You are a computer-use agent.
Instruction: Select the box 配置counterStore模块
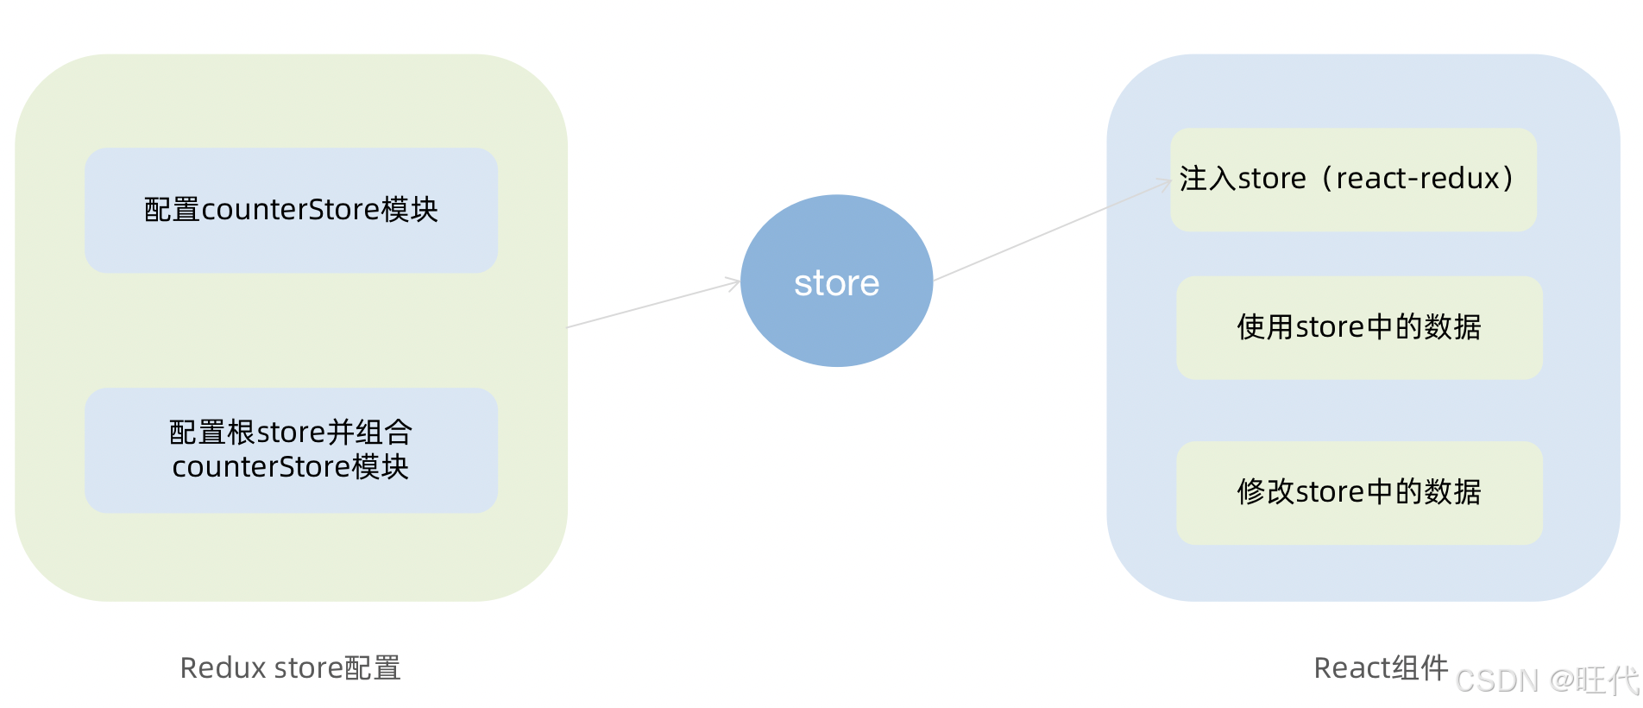(x=291, y=210)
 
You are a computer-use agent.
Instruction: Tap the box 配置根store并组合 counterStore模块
(x=291, y=449)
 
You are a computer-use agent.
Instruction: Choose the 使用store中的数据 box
(x=1358, y=327)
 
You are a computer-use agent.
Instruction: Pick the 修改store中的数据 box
(x=1358, y=492)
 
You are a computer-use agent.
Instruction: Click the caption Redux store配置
(x=290, y=667)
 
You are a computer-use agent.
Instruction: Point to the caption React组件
(x=1380, y=667)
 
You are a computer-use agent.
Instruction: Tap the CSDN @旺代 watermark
(x=1546, y=680)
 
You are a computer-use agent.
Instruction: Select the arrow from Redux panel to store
(x=652, y=304)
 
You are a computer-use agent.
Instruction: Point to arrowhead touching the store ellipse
(x=734, y=281)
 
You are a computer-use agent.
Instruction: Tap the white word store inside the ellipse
(x=836, y=283)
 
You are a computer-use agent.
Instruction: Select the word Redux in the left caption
(x=223, y=667)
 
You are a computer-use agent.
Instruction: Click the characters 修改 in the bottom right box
(x=1264, y=492)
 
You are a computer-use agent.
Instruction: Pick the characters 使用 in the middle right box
(x=1264, y=327)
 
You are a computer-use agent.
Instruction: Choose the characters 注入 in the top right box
(x=1207, y=178)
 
